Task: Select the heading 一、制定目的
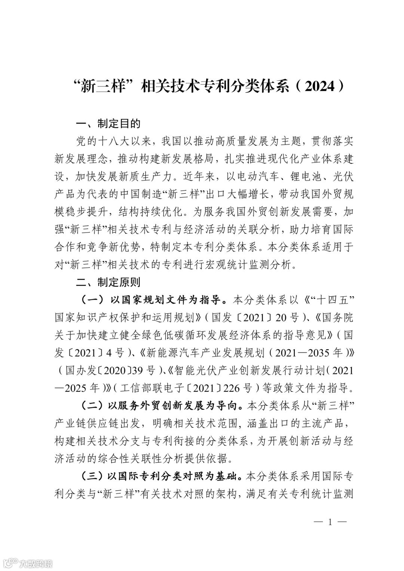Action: pyautogui.click(x=108, y=123)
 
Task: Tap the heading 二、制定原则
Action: pyautogui.click(x=108, y=282)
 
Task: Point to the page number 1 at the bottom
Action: pyautogui.click(x=330, y=522)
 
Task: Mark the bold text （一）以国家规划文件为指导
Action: pyautogui.click(x=153, y=300)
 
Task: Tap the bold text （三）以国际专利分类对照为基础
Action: pyautogui.click(x=159, y=477)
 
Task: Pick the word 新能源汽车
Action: pyautogui.click(x=167, y=353)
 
